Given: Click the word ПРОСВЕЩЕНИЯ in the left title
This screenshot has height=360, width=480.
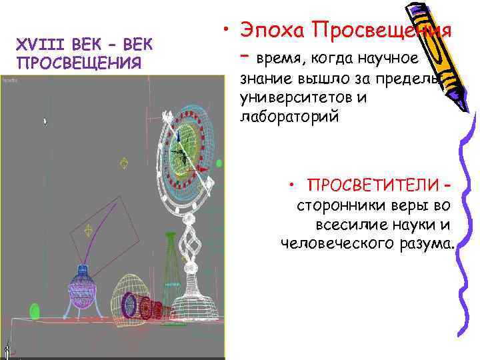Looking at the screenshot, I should click(x=79, y=63).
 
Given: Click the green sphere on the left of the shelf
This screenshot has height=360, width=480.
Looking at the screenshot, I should click(x=35, y=311).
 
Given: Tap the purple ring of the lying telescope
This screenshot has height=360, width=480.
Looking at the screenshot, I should click(x=129, y=305).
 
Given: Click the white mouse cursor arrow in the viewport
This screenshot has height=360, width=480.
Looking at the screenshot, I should click(x=45, y=121).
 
